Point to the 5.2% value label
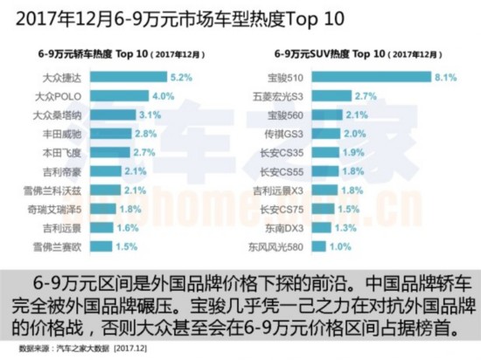(x=182, y=78)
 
